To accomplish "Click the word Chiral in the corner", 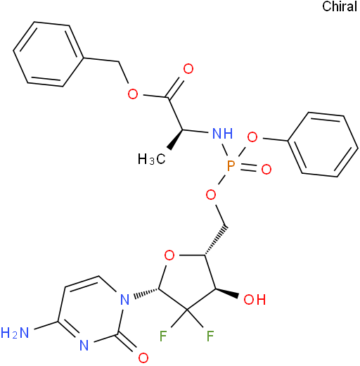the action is point(340,6).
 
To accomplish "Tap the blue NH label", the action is point(222,134).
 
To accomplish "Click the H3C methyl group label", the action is point(152,159).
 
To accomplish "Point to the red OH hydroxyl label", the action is point(255,300).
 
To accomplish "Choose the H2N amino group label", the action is point(15,333).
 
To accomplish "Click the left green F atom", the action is point(163,336).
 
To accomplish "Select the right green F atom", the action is point(210,336).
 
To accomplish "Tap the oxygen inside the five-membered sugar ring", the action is point(169,255).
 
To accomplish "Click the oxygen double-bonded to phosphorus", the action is point(266,169).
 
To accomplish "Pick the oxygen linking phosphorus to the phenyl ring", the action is point(252,137).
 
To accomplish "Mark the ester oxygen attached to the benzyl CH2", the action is point(133,94).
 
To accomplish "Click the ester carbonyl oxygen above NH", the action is point(188,69).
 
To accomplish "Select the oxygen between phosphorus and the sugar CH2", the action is point(211,195).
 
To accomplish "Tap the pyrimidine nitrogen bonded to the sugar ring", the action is point(124,300).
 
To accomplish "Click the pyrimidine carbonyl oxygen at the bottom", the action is point(143,358).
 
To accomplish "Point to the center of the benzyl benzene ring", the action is point(49,54).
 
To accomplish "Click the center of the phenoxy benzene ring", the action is point(323,144).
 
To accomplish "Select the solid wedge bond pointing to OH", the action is point(227,293).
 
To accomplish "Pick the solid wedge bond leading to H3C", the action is point(176,139).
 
